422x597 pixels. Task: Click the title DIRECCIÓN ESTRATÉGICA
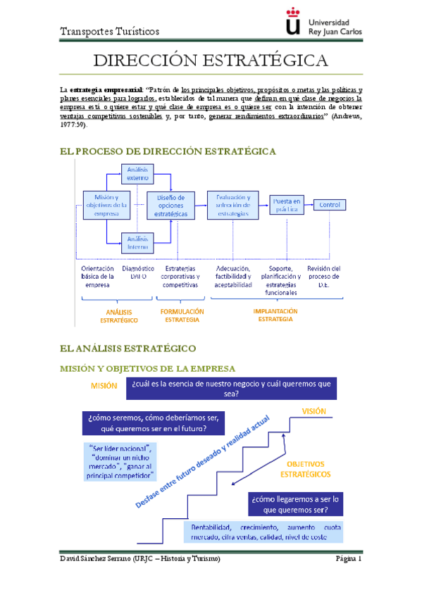tap(211, 59)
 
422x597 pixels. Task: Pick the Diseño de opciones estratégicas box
tap(171, 205)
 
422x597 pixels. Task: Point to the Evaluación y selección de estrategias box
tap(232, 204)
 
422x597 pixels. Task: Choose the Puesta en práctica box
tap(287, 205)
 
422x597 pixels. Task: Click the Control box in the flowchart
tap(330, 205)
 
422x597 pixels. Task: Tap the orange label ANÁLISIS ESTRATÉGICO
tap(118, 315)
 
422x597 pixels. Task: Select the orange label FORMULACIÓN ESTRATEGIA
tap(182, 315)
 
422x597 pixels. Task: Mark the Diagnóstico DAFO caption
tap(138, 272)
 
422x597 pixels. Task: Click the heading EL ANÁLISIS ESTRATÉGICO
tap(132, 348)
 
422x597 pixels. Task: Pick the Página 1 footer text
tap(348, 558)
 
